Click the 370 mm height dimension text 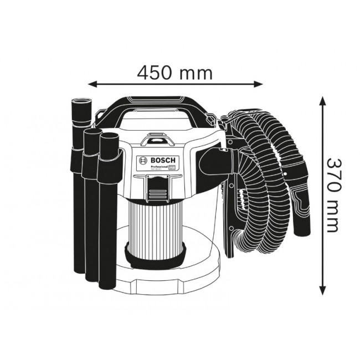point(332,195)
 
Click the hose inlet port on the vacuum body point(213,161)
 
